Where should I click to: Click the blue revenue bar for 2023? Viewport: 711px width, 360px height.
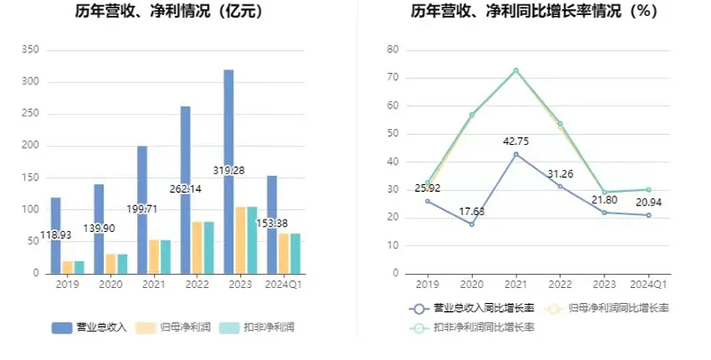pos(228,133)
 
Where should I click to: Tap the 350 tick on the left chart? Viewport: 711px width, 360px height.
pos(30,50)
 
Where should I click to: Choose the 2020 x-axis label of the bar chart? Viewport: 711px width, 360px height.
pos(110,285)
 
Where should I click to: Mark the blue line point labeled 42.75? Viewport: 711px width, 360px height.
pos(515,154)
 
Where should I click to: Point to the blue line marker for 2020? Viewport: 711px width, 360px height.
pos(472,224)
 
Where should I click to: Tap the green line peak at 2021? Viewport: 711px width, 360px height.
pos(515,70)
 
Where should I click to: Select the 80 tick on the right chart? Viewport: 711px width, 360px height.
pos(392,50)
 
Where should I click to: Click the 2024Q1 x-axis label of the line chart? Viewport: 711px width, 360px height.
pos(648,285)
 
